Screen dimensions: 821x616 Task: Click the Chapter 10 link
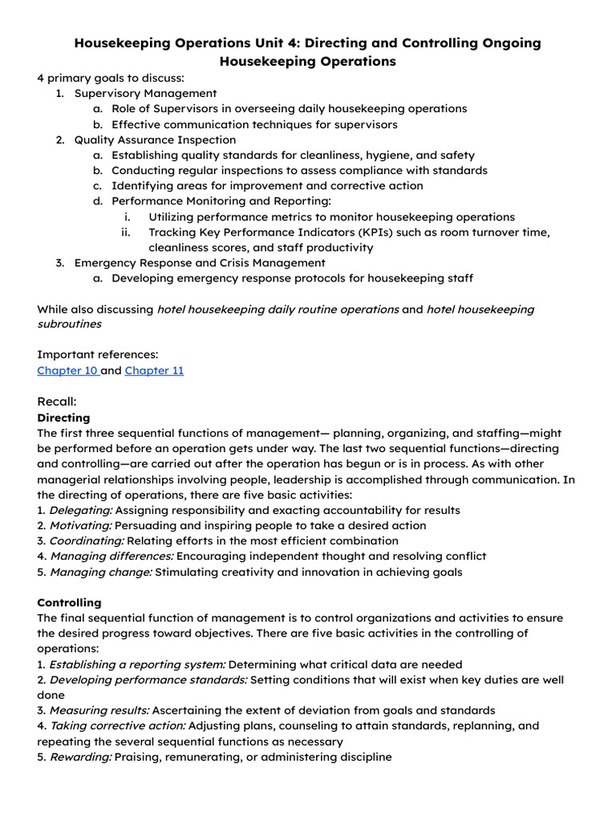pos(67,371)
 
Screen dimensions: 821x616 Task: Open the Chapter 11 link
pos(154,371)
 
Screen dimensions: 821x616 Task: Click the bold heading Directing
pos(64,418)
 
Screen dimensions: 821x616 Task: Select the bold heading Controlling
pos(70,602)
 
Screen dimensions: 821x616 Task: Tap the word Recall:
pos(57,402)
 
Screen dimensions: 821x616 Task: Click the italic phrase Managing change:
pos(100,572)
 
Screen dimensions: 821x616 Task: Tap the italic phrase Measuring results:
pos(99,710)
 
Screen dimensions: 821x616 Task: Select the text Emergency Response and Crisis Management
pos(200,263)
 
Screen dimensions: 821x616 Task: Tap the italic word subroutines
pos(70,325)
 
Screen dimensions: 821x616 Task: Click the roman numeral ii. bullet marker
pos(125,233)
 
